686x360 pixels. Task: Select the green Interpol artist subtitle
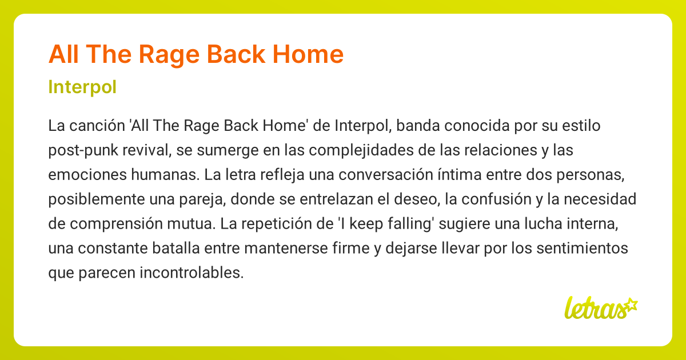coord(83,87)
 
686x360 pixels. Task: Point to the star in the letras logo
coord(631,304)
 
